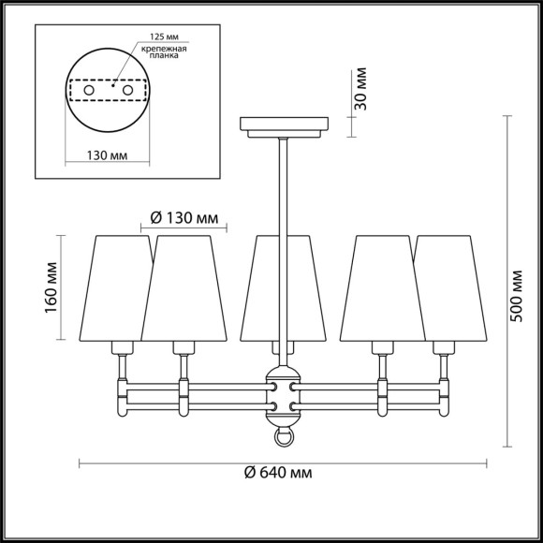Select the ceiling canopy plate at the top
pyautogui.click(x=284, y=124)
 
